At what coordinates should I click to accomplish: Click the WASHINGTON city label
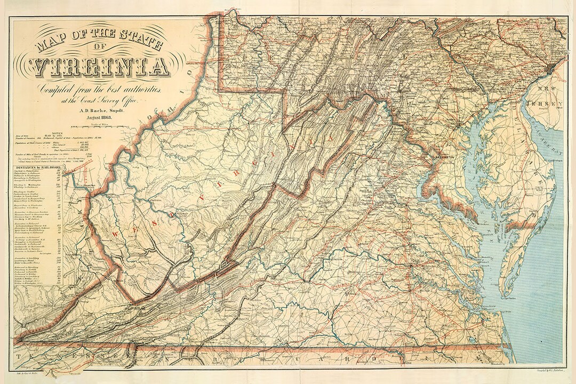click(x=445, y=158)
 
